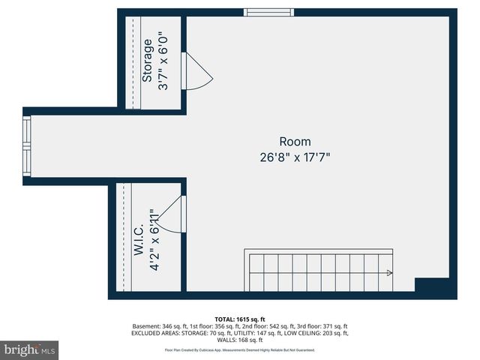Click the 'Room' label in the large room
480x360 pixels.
[x=295, y=142]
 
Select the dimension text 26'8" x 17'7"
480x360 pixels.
[x=295, y=157]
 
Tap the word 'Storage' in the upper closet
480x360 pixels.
[x=148, y=60]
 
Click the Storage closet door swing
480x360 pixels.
[x=196, y=72]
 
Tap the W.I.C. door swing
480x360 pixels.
[x=171, y=215]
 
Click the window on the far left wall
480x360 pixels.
[x=27, y=146]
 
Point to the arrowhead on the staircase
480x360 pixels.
[x=388, y=274]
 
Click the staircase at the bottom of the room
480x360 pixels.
[x=319, y=271]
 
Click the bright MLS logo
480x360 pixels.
[x=29, y=349]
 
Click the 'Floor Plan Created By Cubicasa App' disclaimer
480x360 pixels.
[x=240, y=350]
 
